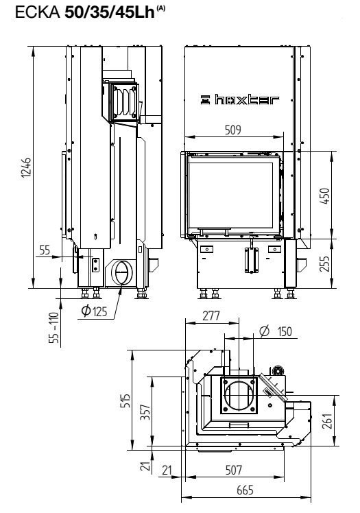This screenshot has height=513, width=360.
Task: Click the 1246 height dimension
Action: click(x=27, y=167)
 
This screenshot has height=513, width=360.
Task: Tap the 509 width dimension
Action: click(x=233, y=130)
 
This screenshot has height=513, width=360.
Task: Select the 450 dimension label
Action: click(x=325, y=196)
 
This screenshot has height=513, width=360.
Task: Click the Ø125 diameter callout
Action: click(x=94, y=311)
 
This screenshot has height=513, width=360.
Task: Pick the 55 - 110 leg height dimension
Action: click(x=54, y=328)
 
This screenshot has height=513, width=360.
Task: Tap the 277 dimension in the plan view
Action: click(x=211, y=315)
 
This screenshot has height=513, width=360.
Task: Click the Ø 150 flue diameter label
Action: click(x=276, y=331)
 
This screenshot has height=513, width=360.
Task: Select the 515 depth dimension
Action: click(x=125, y=401)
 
